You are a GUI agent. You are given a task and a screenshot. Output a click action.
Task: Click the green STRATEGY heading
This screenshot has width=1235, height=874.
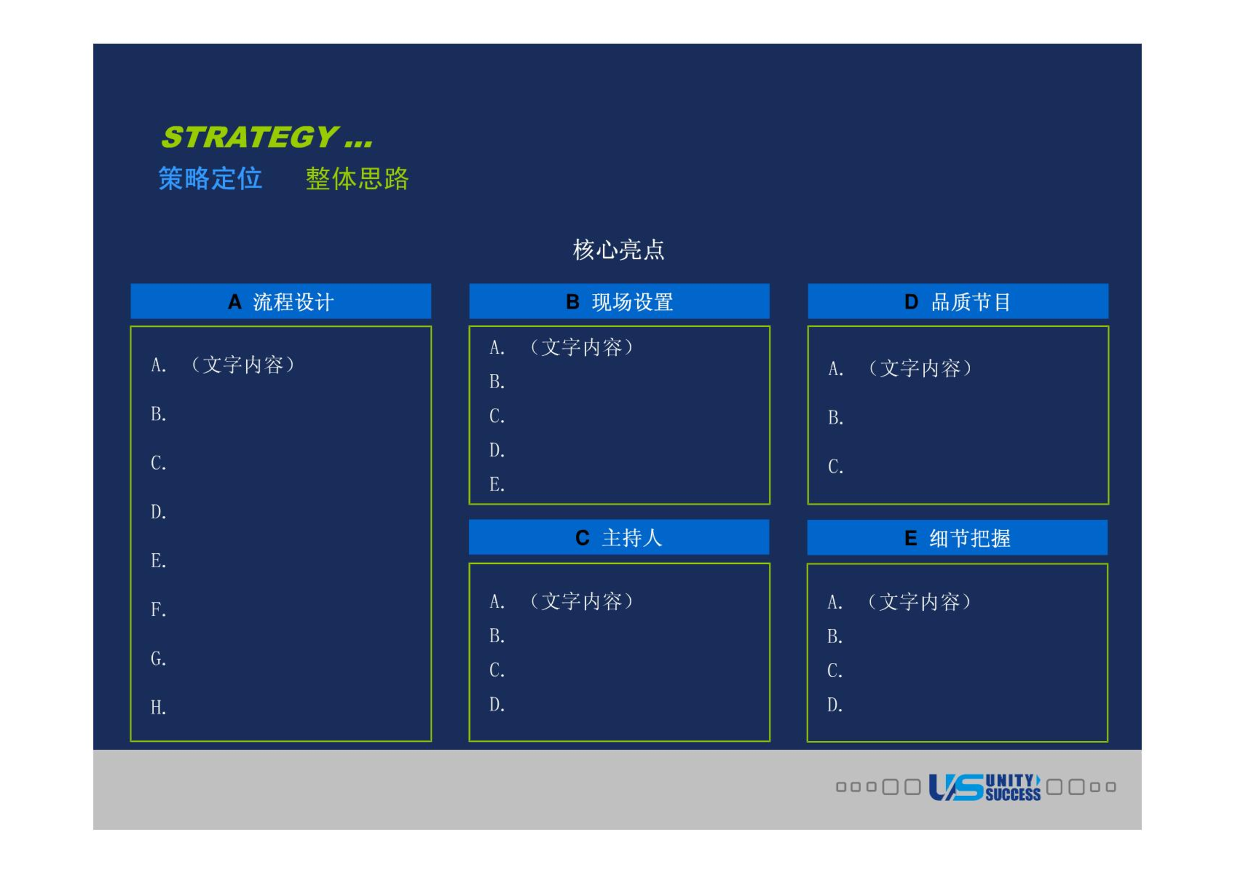coord(267,137)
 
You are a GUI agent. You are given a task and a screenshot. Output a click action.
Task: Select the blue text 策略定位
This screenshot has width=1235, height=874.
coord(211,179)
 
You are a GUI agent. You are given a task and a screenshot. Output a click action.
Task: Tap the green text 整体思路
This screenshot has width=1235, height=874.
coord(357,179)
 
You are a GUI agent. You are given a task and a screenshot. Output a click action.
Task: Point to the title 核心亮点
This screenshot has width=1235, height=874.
coord(618,250)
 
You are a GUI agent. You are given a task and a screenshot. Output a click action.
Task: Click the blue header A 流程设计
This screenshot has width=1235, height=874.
coord(281,302)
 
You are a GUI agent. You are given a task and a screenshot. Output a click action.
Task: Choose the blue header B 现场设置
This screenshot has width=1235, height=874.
coord(619,302)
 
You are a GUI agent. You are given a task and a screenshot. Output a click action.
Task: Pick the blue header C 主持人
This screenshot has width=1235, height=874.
coord(619,537)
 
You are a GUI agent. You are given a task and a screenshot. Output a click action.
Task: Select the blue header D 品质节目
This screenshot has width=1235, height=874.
coord(958,302)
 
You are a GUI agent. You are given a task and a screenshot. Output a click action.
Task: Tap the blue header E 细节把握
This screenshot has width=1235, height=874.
coord(958,538)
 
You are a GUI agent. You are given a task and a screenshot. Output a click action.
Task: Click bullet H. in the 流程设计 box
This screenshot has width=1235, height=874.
coord(158,708)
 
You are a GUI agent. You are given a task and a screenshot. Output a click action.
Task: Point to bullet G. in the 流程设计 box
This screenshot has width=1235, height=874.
coord(158,659)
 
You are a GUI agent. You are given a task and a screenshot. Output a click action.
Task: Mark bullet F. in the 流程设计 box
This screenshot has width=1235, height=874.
coord(158,610)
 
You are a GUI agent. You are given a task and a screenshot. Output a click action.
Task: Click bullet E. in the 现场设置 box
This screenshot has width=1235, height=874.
coord(497,485)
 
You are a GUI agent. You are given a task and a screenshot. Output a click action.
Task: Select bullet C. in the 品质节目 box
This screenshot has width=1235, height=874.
coord(836,467)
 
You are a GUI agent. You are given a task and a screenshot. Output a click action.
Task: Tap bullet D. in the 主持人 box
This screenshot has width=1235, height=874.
coord(497,705)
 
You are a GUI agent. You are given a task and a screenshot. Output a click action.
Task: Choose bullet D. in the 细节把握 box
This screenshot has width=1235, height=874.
coord(835,705)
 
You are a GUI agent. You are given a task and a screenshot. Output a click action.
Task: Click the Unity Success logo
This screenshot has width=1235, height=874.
coord(984,787)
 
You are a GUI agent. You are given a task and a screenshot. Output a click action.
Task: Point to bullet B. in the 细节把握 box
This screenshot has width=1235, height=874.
coord(835,637)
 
